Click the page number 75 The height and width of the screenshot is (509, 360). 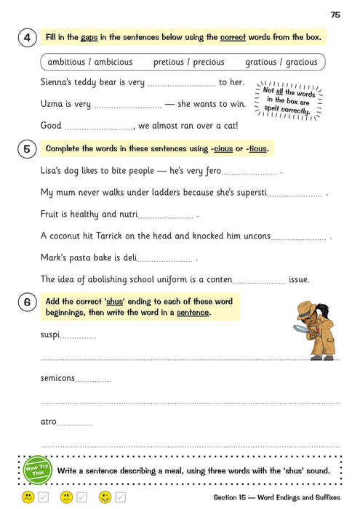coord(335,14)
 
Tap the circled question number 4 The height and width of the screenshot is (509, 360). coord(26,38)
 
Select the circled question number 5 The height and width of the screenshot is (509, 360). coord(26,150)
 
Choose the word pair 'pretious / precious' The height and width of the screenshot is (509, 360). coord(189,63)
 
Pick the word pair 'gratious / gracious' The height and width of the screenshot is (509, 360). coord(281,63)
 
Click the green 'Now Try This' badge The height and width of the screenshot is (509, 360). coord(37,470)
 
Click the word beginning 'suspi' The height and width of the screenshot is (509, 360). coord(50,334)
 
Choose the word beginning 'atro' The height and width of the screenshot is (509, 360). coord(49,421)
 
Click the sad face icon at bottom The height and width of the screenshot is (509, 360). coord(27,497)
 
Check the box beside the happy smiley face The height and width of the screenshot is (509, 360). coord(121,497)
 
